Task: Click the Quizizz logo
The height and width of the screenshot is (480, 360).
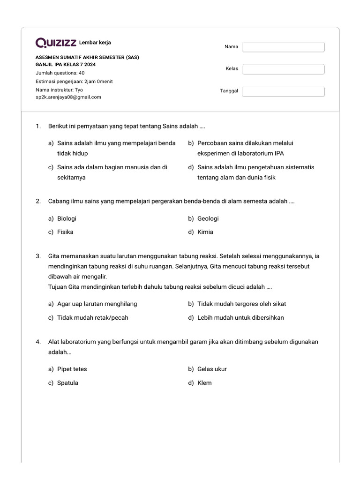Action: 56,43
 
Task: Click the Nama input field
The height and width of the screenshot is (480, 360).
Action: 283,47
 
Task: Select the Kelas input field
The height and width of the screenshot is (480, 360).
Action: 283,69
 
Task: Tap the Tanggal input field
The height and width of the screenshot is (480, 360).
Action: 283,91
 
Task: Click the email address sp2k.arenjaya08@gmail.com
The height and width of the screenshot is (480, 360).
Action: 68,97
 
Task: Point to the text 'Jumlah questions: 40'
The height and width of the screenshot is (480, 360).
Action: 60,73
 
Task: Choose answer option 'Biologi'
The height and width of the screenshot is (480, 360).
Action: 67,218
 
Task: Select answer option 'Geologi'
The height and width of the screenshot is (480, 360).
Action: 208,218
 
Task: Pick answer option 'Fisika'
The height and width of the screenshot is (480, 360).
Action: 65,232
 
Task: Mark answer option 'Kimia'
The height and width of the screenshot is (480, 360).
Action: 205,232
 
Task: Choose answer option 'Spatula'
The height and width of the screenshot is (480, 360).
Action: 67,383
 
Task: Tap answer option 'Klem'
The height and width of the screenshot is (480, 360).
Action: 204,383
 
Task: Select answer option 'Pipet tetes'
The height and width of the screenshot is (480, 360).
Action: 72,369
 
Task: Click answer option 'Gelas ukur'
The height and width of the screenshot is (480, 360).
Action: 212,369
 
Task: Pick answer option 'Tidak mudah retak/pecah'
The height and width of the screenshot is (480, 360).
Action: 92,318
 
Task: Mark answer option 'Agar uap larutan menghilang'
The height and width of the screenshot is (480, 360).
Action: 97,304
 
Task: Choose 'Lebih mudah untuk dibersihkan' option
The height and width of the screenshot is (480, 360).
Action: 240,318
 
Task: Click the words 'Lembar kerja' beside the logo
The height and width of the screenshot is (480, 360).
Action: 95,43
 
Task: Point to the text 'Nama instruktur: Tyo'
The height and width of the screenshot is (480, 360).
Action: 59,89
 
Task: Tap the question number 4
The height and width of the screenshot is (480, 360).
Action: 38,342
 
